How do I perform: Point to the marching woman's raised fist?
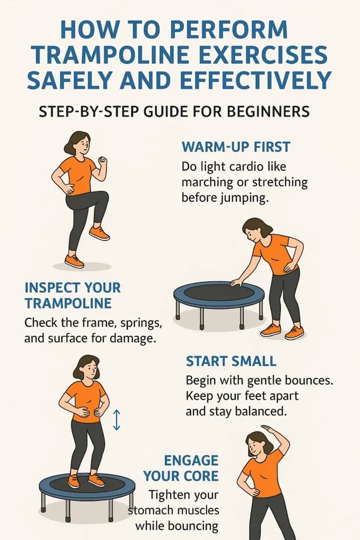(103, 160)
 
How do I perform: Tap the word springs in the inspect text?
(140, 322)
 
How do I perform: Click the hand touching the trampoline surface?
(235, 283)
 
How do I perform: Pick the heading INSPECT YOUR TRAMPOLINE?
(72, 295)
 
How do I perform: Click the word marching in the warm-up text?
(207, 183)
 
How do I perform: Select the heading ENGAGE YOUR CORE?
(181, 467)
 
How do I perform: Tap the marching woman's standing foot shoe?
(74, 261)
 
